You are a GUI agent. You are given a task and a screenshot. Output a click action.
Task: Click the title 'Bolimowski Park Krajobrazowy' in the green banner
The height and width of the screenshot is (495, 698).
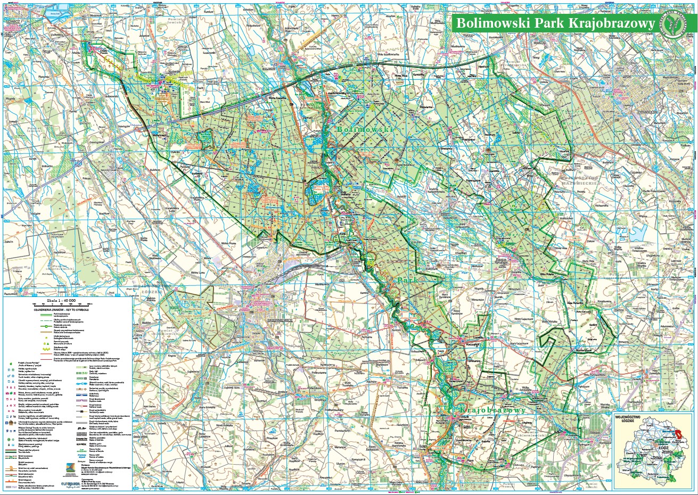tap(554, 23)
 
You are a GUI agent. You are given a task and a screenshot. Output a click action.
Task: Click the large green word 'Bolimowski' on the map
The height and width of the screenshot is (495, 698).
tap(365, 129)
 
